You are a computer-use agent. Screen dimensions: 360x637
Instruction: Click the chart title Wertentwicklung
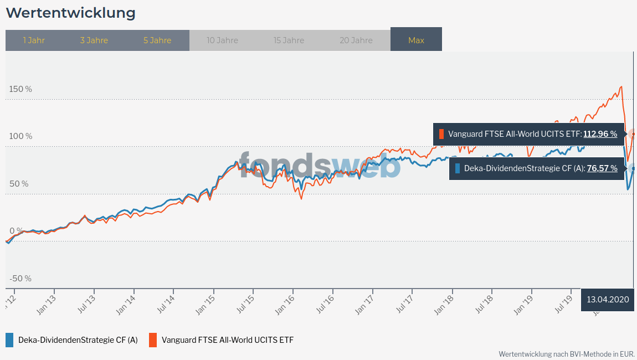pos(70,12)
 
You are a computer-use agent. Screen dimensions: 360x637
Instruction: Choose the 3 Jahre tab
pos(94,40)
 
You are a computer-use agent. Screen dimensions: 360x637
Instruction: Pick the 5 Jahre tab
pos(157,40)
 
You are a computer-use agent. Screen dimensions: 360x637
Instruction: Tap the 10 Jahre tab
pos(222,40)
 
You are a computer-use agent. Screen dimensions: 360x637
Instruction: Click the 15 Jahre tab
pos(289,40)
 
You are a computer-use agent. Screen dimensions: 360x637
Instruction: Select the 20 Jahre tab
pos(356,40)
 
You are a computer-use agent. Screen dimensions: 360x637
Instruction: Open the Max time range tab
pos(416,40)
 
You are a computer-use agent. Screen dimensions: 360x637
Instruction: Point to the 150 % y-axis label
pos(20,89)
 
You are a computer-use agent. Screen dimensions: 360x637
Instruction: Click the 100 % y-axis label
pos(20,136)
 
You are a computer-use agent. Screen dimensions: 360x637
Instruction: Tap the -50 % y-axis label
pos(20,278)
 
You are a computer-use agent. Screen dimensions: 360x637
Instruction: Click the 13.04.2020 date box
pos(608,300)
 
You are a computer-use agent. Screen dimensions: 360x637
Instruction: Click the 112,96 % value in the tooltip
pos(600,134)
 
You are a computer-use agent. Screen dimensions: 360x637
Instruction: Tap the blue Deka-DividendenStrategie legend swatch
pos(9,340)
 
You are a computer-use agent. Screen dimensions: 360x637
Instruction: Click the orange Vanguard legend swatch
pos(152,340)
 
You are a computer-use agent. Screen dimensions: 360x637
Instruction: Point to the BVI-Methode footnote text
pos(566,353)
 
